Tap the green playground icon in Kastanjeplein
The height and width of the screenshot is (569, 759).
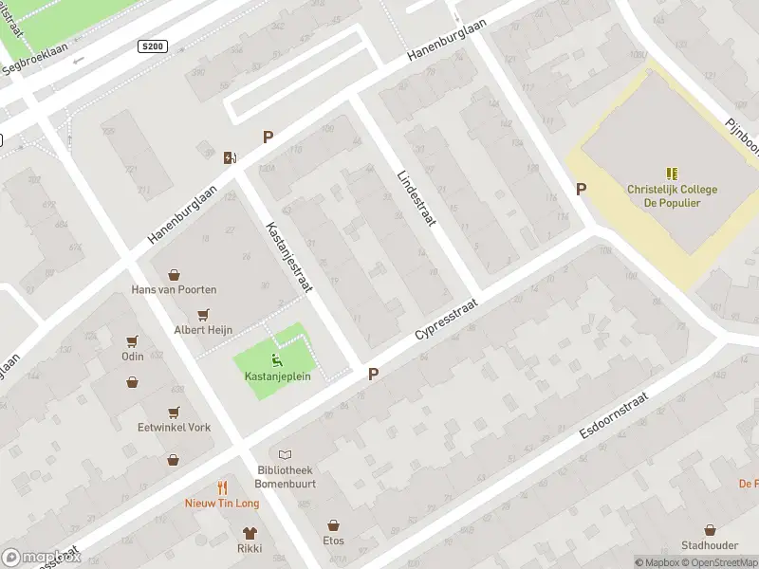pyautogui.click(x=276, y=358)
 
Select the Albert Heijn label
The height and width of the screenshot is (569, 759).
pyautogui.click(x=202, y=330)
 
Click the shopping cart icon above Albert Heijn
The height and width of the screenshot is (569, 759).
pyautogui.click(x=202, y=315)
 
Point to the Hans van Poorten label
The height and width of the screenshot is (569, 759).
pyautogui.click(x=174, y=289)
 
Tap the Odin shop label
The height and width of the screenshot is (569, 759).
pyautogui.click(x=132, y=357)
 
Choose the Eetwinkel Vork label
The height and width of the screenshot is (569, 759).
pyautogui.click(x=174, y=428)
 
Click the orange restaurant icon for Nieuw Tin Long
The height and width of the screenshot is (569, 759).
pyautogui.click(x=222, y=487)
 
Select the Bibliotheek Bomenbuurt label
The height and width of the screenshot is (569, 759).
pyautogui.click(x=285, y=476)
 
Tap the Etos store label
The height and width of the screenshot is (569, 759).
pyautogui.click(x=333, y=541)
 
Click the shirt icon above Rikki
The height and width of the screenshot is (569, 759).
pyautogui.click(x=250, y=533)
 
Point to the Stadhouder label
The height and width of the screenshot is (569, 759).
pyautogui.click(x=709, y=545)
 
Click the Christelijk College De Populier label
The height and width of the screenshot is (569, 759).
pyautogui.click(x=672, y=195)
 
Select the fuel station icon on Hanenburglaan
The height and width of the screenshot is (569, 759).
pyautogui.click(x=230, y=157)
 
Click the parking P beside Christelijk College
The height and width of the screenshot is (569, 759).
pyautogui.click(x=581, y=189)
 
